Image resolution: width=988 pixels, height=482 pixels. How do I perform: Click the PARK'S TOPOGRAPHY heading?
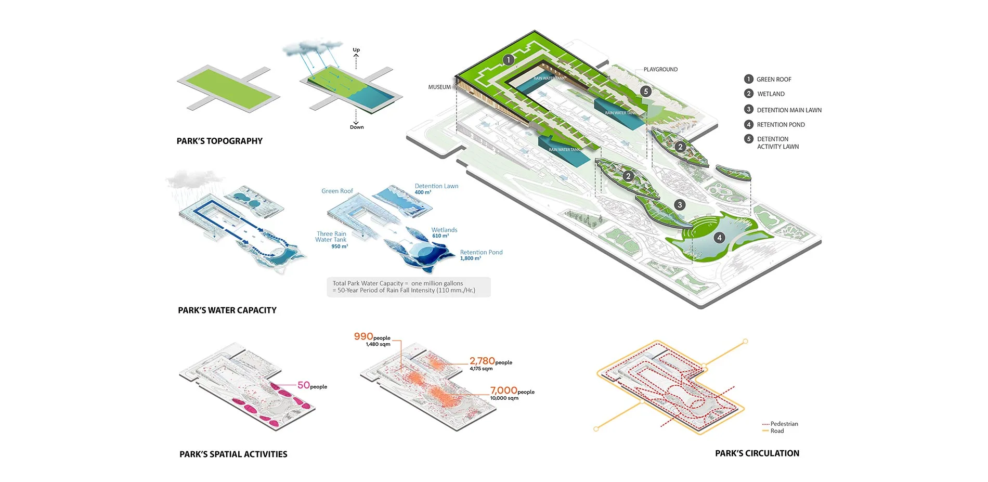[x=219, y=141]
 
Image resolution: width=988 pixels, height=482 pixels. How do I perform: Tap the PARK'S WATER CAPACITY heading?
[x=227, y=310]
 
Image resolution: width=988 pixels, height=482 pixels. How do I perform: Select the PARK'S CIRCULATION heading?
[x=757, y=453]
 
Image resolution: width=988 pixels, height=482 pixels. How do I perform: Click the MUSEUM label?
[x=439, y=87]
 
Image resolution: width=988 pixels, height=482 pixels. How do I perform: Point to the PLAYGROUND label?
[x=660, y=70]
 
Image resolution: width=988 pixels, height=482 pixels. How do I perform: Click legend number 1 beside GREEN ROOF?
[x=749, y=79]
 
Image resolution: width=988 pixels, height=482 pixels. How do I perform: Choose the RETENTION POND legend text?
[x=781, y=125]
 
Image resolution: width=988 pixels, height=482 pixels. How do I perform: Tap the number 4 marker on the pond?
[x=719, y=238]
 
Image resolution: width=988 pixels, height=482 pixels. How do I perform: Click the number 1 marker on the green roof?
[x=509, y=60]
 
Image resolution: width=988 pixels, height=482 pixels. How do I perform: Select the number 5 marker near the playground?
[x=646, y=91]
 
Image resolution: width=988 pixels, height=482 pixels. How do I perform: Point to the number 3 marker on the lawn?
[x=679, y=205]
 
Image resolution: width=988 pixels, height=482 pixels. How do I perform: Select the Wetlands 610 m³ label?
[x=444, y=232]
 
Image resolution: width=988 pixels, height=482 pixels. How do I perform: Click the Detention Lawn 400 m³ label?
[x=436, y=189]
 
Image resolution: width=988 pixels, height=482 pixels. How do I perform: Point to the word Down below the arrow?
[x=357, y=127]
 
